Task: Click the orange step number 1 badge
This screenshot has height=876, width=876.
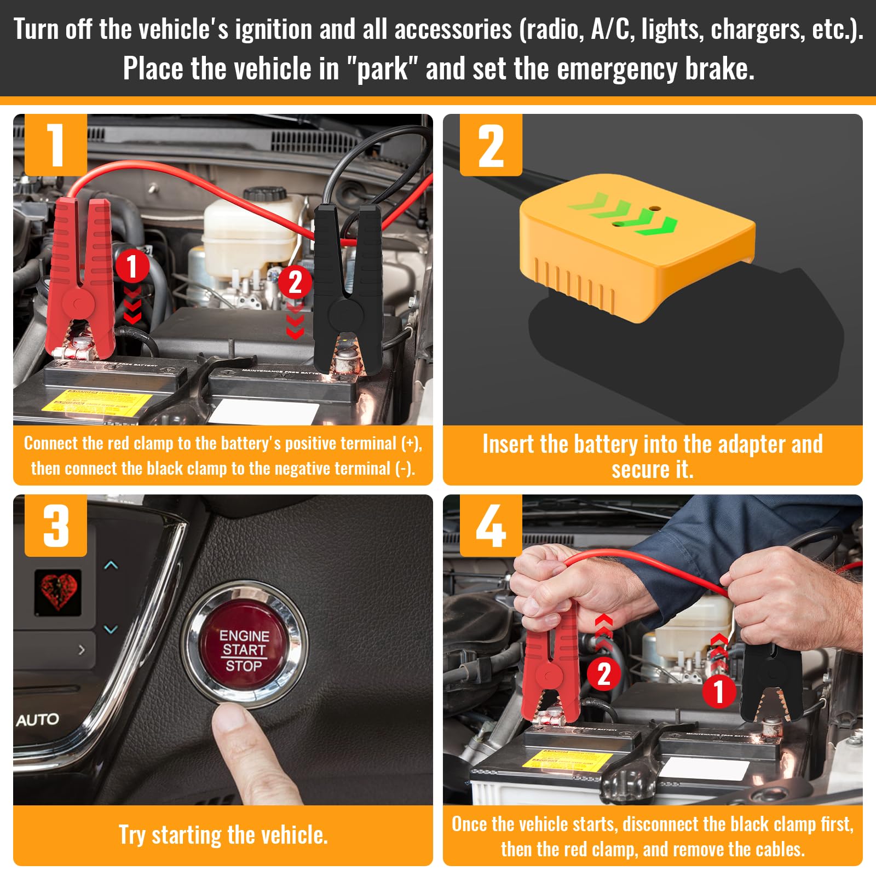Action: click(x=56, y=145)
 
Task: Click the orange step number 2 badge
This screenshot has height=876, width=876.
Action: click(x=491, y=145)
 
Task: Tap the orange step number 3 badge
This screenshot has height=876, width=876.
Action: click(x=56, y=526)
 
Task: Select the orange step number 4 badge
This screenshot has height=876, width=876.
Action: click(x=491, y=526)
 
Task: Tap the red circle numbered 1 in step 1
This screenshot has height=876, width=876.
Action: click(x=132, y=267)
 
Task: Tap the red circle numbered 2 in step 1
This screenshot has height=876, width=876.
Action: click(x=295, y=283)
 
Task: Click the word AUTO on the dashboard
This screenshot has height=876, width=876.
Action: click(x=37, y=719)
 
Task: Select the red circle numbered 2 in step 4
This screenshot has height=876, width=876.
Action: click(x=604, y=674)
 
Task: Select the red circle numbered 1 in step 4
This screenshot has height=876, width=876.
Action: click(x=719, y=691)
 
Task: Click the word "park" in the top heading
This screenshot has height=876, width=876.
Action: click(x=383, y=69)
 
